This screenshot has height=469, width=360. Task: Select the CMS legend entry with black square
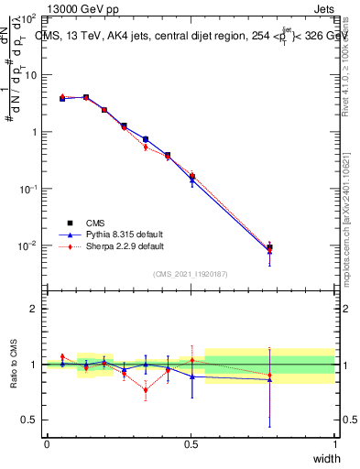(94, 223)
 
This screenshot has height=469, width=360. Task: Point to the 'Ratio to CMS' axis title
(15, 365)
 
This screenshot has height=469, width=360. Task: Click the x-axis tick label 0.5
(191, 443)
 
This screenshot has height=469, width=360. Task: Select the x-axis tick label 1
(334, 443)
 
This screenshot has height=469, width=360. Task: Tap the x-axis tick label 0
(47, 443)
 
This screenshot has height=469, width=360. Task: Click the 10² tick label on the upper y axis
(28, 18)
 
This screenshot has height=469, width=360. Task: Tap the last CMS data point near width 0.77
(269, 247)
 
